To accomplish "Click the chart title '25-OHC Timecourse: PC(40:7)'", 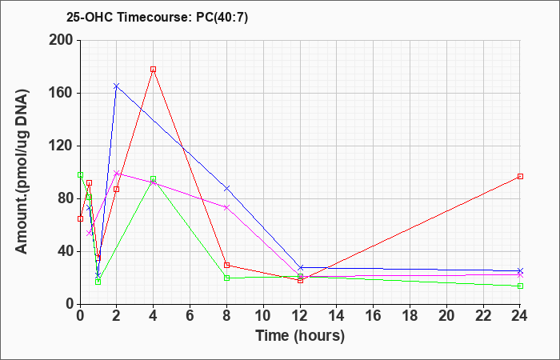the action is [157, 18].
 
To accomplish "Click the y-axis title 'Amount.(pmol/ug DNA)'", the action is [22, 172].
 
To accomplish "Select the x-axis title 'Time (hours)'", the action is [300, 336].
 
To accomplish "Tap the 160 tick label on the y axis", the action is [61, 94].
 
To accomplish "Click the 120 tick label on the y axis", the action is [61, 146].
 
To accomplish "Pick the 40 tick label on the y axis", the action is [65, 251].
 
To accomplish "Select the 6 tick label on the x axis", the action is [190, 315].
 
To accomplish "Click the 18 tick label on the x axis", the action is [410, 315].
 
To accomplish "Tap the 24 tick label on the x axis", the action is [519, 315].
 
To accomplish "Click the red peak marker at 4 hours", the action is [154, 70].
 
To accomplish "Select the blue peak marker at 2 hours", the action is [117, 86].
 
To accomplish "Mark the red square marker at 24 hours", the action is [520, 177].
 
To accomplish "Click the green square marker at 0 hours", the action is [80, 175].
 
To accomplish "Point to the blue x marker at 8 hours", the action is [226, 188].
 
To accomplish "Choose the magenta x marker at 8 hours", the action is [226, 207].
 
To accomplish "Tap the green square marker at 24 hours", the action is [520, 286].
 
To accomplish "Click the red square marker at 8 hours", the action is [226, 265].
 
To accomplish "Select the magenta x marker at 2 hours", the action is [117, 174].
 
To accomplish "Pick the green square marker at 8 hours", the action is [226, 278].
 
